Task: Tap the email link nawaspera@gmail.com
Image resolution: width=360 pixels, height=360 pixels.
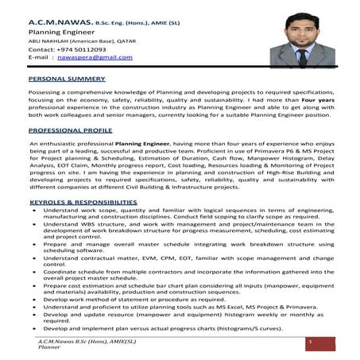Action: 89,57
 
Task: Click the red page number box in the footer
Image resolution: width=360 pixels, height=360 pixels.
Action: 311,343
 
